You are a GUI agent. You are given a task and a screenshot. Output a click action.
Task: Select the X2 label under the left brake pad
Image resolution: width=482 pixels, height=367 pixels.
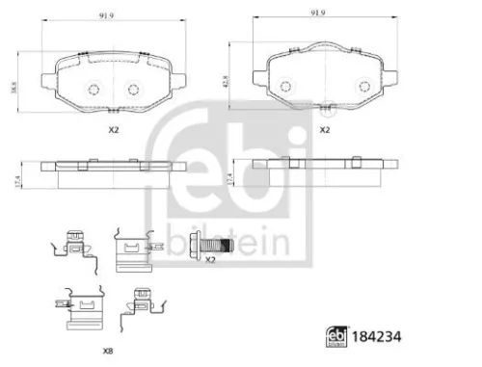112,128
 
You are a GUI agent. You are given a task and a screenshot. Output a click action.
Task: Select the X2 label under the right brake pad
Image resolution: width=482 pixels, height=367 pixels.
324,128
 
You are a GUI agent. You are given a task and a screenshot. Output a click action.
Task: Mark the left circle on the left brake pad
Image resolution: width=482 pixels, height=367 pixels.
94,89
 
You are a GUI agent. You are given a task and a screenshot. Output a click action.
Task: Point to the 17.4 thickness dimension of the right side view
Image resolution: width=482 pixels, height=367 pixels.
229,177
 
